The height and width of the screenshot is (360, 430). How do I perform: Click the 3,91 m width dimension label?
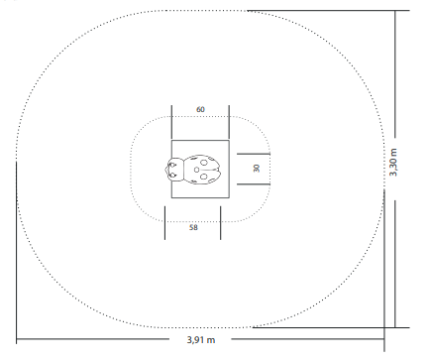click(x=201, y=339)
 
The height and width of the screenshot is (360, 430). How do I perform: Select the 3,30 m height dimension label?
click(x=393, y=163)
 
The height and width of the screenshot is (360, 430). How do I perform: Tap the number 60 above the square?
click(x=200, y=109)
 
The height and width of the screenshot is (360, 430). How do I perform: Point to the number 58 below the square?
click(x=193, y=227)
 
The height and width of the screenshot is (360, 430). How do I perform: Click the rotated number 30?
click(x=257, y=168)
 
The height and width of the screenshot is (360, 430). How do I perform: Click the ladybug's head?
click(x=173, y=170)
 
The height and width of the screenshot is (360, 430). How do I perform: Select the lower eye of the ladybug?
click(x=172, y=175)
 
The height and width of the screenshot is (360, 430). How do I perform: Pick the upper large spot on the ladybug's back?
click(x=204, y=163)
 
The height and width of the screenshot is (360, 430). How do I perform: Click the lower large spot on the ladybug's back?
click(x=203, y=177)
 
